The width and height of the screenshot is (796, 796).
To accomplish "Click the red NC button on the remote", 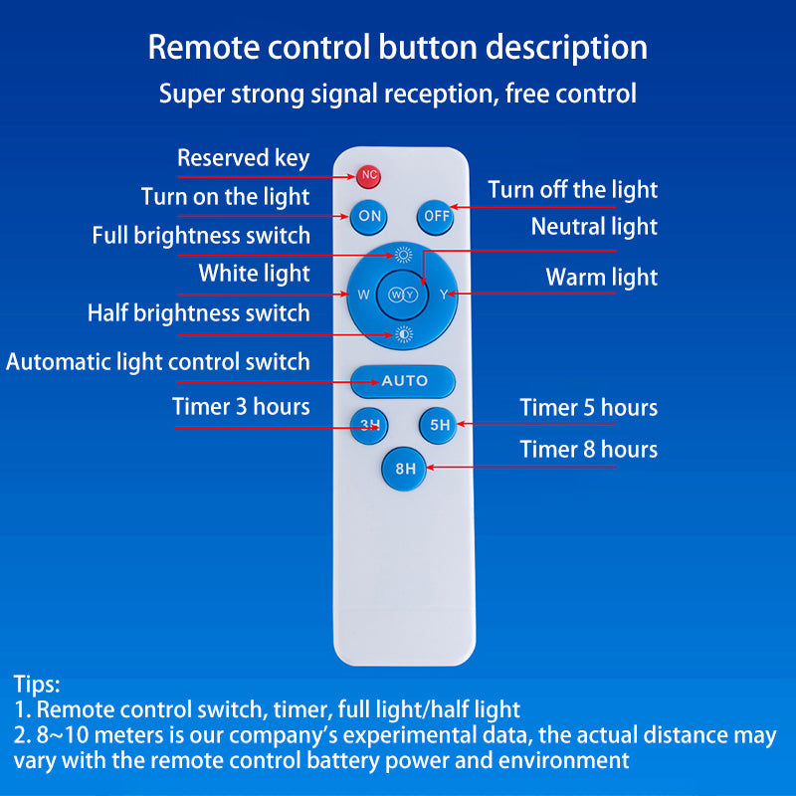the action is pyautogui.click(x=368, y=176).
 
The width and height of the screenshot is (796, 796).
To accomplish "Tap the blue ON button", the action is pyautogui.click(x=369, y=216).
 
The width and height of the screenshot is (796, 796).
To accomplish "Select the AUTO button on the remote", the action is pyautogui.click(x=403, y=381).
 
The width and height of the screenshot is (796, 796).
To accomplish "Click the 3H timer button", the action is pyautogui.click(x=369, y=426).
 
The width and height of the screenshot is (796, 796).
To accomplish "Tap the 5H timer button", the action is pyautogui.click(x=439, y=425).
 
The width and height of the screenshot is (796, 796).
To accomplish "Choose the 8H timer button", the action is pyautogui.click(x=405, y=469).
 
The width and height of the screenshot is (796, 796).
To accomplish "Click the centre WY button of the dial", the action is pyautogui.click(x=403, y=295).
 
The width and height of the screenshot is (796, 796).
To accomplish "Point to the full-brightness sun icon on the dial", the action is pyautogui.click(x=404, y=255).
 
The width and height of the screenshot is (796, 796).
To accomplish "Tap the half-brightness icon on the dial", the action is pyautogui.click(x=404, y=334).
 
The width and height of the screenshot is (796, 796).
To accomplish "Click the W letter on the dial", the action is pyautogui.click(x=363, y=295).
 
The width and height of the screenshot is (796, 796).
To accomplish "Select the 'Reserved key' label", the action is pyautogui.click(x=243, y=158).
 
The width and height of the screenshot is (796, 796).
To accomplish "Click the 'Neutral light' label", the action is pyautogui.click(x=594, y=227).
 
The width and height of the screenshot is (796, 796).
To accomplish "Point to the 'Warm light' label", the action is pyautogui.click(x=602, y=278).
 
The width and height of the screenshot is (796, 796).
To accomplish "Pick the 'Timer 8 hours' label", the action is pyautogui.click(x=588, y=450).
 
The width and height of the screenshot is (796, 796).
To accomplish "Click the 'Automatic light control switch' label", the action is pyautogui.click(x=158, y=362).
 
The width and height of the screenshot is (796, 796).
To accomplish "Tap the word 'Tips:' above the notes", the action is pyautogui.click(x=37, y=685).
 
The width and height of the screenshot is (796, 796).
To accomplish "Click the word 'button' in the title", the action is pyautogui.click(x=428, y=47).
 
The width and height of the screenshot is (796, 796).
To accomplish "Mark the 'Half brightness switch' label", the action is pyautogui.click(x=198, y=313).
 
